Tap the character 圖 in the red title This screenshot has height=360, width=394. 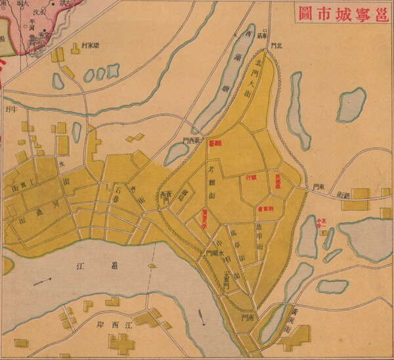[x=303, y=13]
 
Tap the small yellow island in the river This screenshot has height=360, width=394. [x=153, y=266]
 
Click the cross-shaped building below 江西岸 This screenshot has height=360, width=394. [x=121, y=343]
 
